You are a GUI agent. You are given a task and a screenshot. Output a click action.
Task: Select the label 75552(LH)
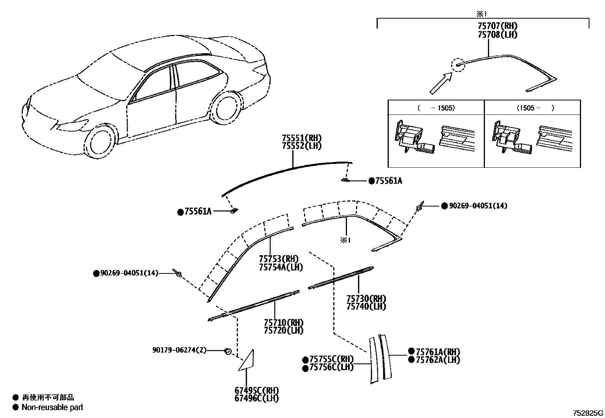pos(302,146)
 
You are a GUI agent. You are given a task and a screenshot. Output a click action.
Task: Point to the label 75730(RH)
pos(366,299)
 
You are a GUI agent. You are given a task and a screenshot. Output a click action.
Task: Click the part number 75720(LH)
pos(283,330)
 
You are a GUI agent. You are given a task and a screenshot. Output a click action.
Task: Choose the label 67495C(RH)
pos(257,391)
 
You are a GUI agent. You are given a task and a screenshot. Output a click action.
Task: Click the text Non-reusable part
pos(52,407)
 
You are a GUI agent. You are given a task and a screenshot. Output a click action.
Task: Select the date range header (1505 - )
pos(532,108)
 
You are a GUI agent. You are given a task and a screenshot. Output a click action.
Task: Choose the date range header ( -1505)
pos(436,108)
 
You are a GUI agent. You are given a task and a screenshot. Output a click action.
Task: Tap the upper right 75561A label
pos(388,181)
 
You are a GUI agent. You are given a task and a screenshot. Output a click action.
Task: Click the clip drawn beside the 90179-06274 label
pos(228,351)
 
